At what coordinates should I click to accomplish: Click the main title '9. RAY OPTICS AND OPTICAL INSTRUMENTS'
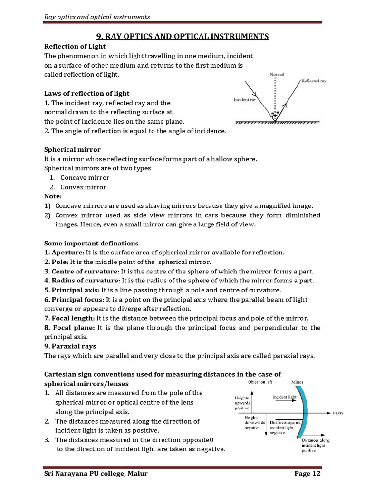[182, 37]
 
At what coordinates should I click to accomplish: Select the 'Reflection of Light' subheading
[75, 46]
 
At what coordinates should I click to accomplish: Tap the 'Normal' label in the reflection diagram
[277, 75]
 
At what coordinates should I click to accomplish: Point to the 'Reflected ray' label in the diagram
[313, 81]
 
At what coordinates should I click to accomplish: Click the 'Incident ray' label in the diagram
[245, 100]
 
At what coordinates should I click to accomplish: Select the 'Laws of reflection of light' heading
[86, 93]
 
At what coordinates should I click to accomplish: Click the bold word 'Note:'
[53, 196]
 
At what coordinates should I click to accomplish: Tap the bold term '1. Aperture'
[64, 252]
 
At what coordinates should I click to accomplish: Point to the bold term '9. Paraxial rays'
[70, 346]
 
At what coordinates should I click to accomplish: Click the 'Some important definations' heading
[91, 243]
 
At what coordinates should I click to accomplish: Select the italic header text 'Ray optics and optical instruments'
[97, 17]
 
